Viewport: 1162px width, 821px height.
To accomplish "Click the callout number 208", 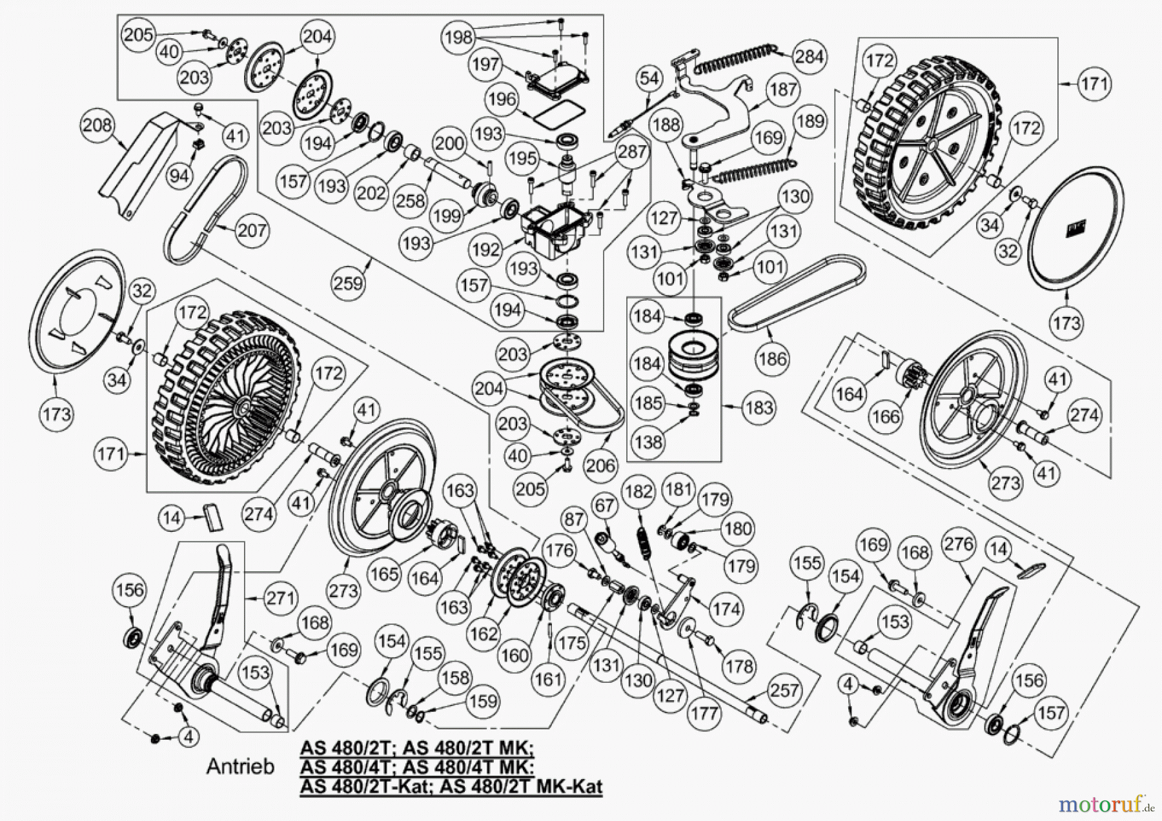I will click(97, 125).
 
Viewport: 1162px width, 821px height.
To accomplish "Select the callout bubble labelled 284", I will click(809, 57).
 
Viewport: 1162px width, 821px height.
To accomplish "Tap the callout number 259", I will click(349, 283).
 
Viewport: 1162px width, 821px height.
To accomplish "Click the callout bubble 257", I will click(784, 690).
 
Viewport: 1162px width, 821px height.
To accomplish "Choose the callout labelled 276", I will click(959, 544).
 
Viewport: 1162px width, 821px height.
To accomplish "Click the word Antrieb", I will click(240, 766).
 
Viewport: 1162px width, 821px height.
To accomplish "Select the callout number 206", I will click(600, 465).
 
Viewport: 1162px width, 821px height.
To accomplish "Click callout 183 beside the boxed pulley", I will click(759, 407).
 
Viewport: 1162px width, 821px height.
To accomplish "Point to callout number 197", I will click(485, 64).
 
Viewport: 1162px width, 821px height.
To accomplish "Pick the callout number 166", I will click(885, 416).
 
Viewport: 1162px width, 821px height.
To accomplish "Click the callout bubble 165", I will click(385, 573).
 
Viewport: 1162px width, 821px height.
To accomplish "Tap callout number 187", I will click(783, 89).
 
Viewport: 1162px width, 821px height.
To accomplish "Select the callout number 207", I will click(252, 230).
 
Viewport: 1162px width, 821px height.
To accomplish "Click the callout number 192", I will click(485, 250).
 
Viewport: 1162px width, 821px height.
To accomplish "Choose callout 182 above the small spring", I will click(639, 492).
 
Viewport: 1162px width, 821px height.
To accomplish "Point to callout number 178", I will click(739, 665).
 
